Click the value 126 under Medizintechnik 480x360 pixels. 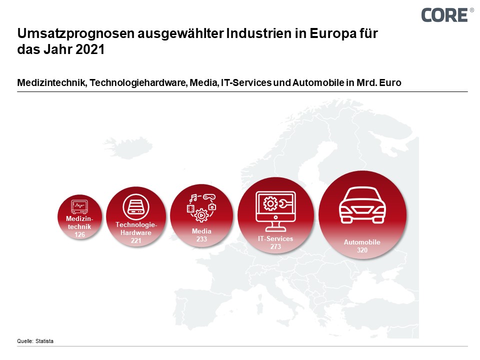pyautogui.click(x=79, y=234)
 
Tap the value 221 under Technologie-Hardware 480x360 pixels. pyautogui.click(x=136, y=240)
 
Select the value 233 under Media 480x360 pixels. pyautogui.click(x=201, y=239)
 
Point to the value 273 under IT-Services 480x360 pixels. pyautogui.click(x=275, y=246)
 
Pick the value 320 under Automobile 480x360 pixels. pyautogui.click(x=362, y=250)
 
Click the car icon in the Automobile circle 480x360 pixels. pyautogui.click(x=362, y=204)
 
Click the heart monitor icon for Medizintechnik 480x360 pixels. pyautogui.click(x=80, y=206)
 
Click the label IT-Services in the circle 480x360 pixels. pyautogui.click(x=275, y=238)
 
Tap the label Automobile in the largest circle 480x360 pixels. pyautogui.click(x=362, y=242)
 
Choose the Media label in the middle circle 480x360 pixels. pyautogui.click(x=201, y=231)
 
